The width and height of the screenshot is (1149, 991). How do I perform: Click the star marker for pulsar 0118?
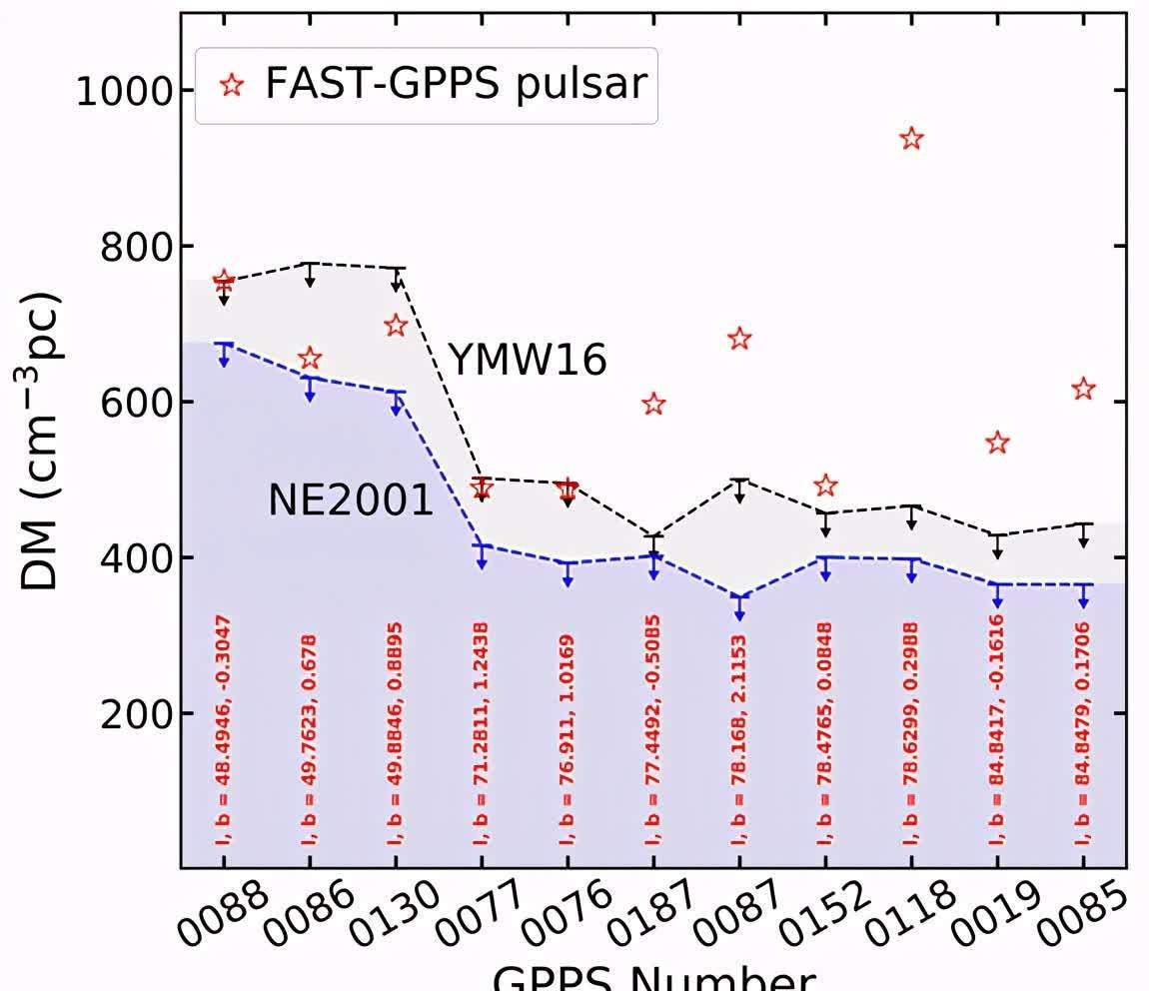(910, 139)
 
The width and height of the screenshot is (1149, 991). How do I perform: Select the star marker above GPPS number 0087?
(739, 339)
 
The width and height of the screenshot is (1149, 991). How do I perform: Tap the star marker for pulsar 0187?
(653, 405)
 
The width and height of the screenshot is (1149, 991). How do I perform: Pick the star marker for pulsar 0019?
(997, 444)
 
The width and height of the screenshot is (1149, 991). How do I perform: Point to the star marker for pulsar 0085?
(1083, 390)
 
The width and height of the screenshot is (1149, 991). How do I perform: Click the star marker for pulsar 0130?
(396, 325)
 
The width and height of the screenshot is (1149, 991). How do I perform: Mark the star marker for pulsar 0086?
(310, 359)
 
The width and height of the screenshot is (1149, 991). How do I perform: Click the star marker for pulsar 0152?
(825, 487)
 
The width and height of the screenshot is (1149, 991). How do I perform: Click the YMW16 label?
(527, 360)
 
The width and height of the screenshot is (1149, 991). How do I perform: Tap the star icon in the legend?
(232, 86)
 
